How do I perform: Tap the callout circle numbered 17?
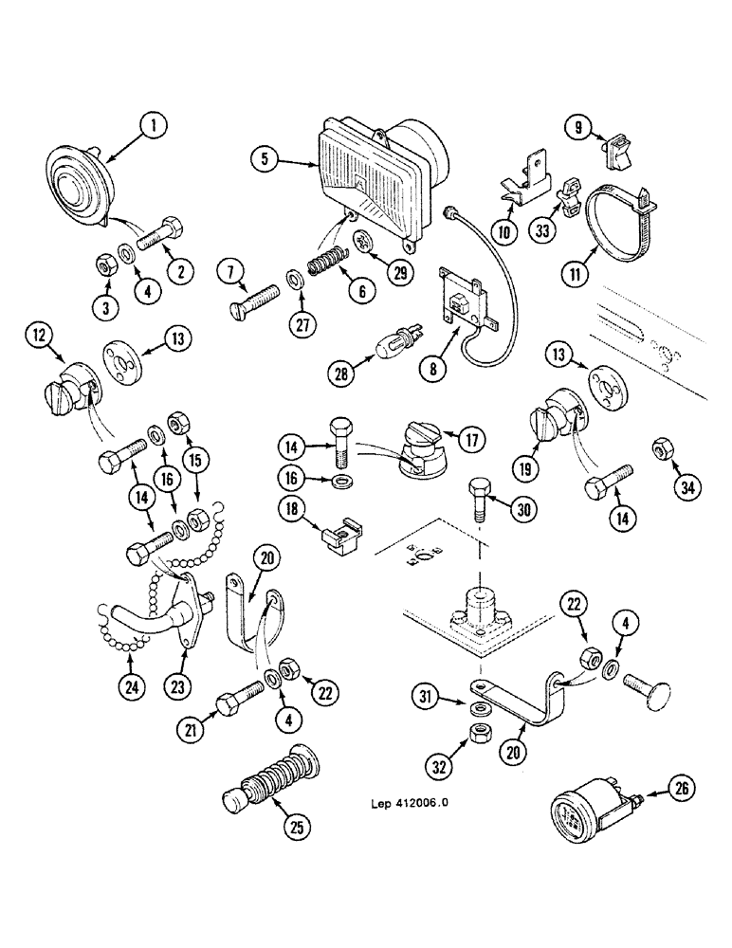tap(471, 440)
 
